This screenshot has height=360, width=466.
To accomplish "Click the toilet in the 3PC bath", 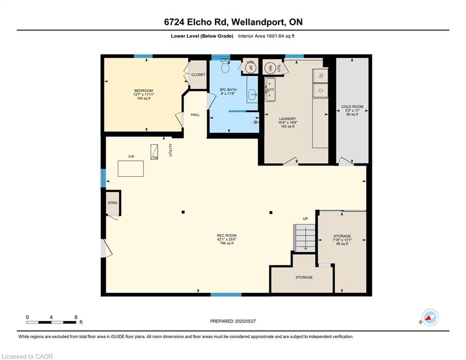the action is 225,67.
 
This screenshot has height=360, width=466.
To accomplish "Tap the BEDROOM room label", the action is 143,91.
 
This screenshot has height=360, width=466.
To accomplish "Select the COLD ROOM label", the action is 352,106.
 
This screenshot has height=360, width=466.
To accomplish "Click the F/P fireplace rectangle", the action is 131,169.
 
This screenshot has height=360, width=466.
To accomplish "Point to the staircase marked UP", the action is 304,238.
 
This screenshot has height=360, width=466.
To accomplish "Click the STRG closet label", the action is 113,203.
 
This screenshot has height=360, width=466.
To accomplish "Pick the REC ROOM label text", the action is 227,235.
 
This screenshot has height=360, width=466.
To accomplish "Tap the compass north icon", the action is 430,317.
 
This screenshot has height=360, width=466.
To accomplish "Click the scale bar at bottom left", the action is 51,322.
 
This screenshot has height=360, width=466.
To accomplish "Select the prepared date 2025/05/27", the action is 245,321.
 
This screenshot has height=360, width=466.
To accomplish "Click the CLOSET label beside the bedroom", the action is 198,75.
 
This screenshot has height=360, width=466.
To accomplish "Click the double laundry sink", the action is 270,89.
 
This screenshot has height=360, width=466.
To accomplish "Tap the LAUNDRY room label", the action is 288,119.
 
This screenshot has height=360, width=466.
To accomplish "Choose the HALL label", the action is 195,114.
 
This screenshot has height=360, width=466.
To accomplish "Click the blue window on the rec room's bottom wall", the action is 226,294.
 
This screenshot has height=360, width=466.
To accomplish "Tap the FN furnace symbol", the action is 154,152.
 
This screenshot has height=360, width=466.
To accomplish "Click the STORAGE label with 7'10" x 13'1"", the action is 342,236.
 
